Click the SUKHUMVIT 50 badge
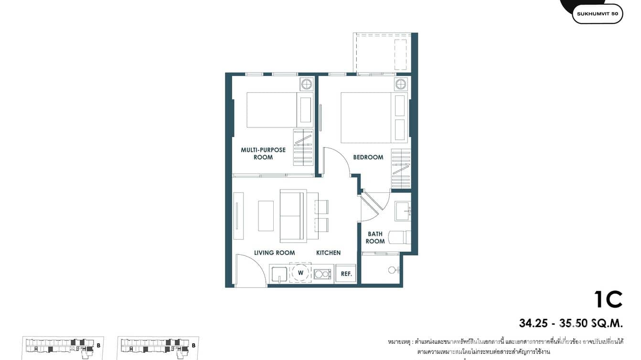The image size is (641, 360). pyautogui.click(x=597, y=14)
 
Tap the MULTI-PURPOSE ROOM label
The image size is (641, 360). pyautogui.click(x=263, y=153)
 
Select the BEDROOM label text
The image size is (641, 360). pyautogui.click(x=368, y=157)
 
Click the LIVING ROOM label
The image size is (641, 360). pyautogui.click(x=274, y=253)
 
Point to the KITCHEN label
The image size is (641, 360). pyautogui.click(x=328, y=253)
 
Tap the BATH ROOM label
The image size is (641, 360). pyautogui.click(x=375, y=238)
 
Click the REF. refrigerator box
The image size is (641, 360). pyautogui.click(x=346, y=274)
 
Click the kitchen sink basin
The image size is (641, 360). pyautogui.click(x=278, y=274)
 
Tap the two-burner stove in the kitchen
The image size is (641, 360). pyautogui.click(x=322, y=274)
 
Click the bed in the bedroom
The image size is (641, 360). pyautogui.click(x=366, y=117)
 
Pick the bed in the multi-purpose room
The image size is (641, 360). pyautogui.click(x=271, y=110)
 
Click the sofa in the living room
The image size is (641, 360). pyautogui.click(x=292, y=216)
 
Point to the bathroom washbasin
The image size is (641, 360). pyautogui.click(x=402, y=211)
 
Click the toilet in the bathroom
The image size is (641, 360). pyautogui.click(x=399, y=237)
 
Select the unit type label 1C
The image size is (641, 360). pyautogui.click(x=608, y=300)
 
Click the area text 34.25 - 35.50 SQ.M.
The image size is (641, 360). pyautogui.click(x=571, y=323)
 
